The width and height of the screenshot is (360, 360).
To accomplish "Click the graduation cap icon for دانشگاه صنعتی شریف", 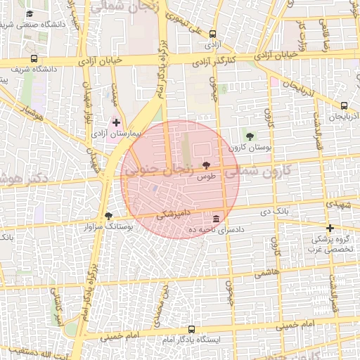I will click(30, 13).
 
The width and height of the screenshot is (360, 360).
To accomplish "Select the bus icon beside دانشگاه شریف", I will click(34, 60).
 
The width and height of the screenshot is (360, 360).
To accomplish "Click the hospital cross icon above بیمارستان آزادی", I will click(116, 122).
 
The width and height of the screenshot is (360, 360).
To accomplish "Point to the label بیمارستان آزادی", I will click(117, 133).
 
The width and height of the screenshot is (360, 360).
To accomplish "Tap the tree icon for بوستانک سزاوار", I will click(108, 216).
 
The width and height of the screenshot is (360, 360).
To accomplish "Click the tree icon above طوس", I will click(206, 166).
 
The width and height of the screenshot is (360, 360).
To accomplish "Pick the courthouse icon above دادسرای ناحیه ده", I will click(216, 219).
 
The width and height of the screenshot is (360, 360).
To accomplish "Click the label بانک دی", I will click(274, 211).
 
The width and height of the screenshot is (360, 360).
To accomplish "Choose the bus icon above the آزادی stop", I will click(213, 32).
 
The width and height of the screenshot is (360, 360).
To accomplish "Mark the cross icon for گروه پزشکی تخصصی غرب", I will click(330, 229).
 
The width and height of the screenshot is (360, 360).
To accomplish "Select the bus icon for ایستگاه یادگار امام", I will click(192, 329).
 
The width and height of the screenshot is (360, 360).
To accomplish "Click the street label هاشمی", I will click(268, 271).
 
